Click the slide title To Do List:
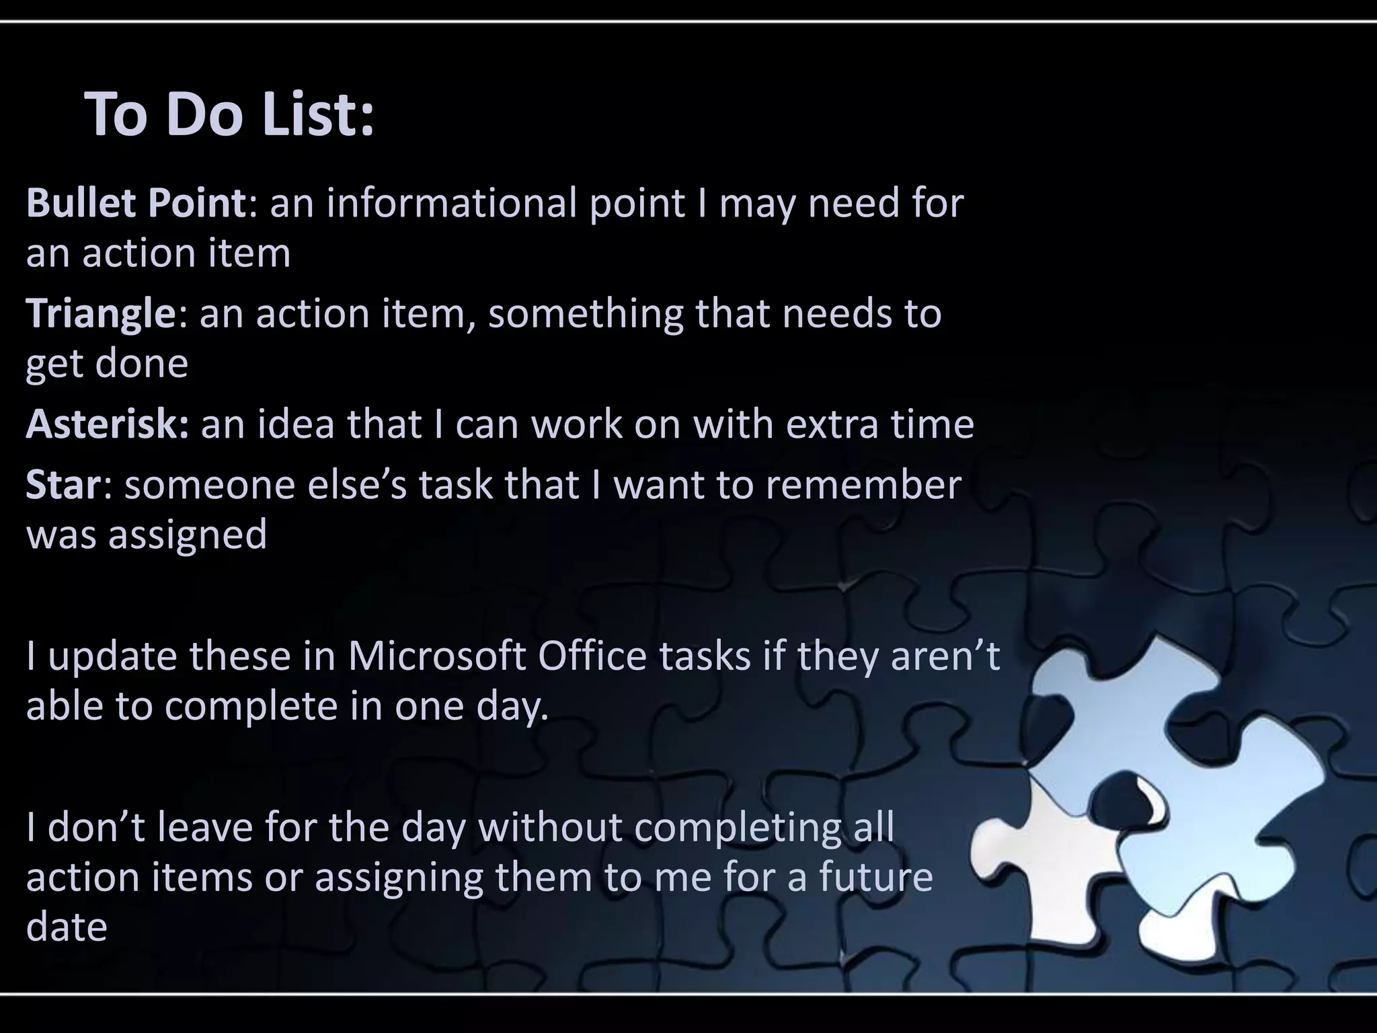pyautogui.click(x=229, y=115)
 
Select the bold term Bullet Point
pyautogui.click(x=136, y=203)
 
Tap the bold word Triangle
pyautogui.click(x=101, y=314)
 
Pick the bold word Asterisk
pyautogui.click(x=107, y=424)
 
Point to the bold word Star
pyautogui.click(x=63, y=485)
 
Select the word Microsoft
pyautogui.click(x=436, y=656)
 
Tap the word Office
pyautogui.click(x=592, y=656)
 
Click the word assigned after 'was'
pyautogui.click(x=188, y=536)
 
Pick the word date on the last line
pyautogui.click(x=67, y=927)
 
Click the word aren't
pyautogui.click(x=945, y=656)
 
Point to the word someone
pyautogui.click(x=210, y=485)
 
